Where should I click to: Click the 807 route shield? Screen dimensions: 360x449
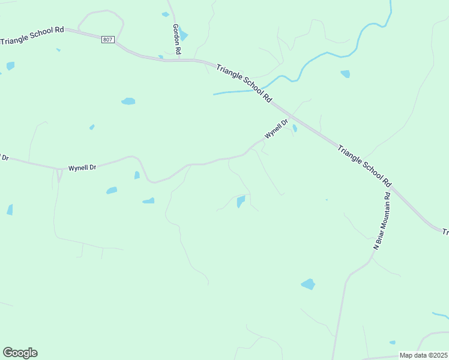(107, 39)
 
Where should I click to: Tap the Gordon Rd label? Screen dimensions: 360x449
(176, 37)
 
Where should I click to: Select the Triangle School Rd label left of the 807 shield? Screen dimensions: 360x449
(32, 38)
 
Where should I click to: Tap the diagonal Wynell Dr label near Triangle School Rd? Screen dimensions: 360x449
(277, 129)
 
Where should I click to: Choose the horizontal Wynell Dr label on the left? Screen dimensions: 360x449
(82, 168)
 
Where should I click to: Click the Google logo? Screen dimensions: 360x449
(20, 352)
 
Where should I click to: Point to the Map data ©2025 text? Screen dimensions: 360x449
(423, 355)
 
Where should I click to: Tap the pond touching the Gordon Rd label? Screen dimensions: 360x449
(183, 35)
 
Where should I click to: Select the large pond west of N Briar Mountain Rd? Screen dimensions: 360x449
(308, 284)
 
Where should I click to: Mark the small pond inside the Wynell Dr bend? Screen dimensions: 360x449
(137, 175)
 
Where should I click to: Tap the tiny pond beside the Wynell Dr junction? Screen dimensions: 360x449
(295, 128)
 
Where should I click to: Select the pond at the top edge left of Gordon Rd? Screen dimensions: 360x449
(165, 14)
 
